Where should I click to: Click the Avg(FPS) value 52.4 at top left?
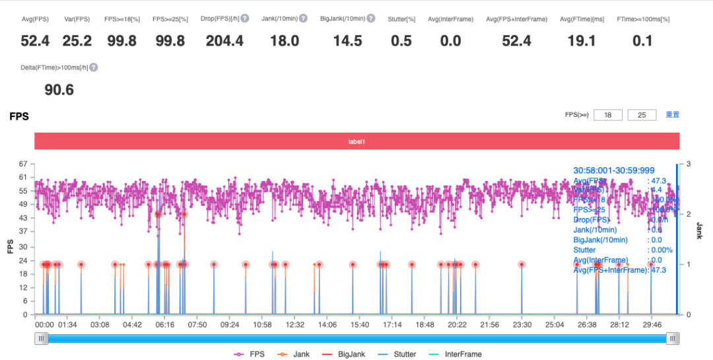pos(35,41)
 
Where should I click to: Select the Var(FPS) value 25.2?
pos(77,41)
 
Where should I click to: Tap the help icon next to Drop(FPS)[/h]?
pos(244,18)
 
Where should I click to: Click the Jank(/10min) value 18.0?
pos(285,41)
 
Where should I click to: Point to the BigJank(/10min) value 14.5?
pos(347,41)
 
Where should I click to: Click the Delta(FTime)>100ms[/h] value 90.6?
pos(59,90)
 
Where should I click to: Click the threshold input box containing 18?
pos(608,115)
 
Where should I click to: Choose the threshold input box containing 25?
pos(642,115)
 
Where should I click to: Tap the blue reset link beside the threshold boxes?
pos(672,114)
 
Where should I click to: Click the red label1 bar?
pos(357,141)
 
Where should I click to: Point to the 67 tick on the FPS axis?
pos(23,164)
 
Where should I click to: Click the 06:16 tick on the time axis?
pos(164,325)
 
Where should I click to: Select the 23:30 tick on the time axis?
pos(522,325)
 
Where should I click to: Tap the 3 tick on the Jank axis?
pos(689,164)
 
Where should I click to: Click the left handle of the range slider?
pos(42,339)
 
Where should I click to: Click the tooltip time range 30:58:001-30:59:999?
pos(613,170)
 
